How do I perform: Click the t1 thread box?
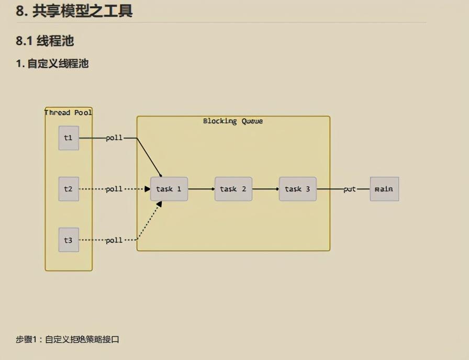point(69,138)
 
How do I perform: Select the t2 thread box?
point(69,189)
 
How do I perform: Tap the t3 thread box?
point(69,240)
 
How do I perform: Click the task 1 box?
point(169,189)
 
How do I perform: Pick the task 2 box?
point(233,189)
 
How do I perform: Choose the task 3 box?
point(297,189)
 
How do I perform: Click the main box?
point(384,189)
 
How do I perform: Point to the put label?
point(350,189)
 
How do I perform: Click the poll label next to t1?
point(114,138)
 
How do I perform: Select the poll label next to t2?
point(114,189)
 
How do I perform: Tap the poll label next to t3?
point(114,240)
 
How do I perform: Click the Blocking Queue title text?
point(233,121)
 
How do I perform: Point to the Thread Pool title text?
point(69,113)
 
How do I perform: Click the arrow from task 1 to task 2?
point(201,189)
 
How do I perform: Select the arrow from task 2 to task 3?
point(265,189)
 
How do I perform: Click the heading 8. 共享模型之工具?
point(74,10)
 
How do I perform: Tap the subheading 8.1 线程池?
point(48,41)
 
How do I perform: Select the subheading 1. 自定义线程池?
point(52,64)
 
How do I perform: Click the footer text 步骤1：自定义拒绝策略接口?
point(68,340)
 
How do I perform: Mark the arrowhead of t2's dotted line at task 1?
point(148,189)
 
